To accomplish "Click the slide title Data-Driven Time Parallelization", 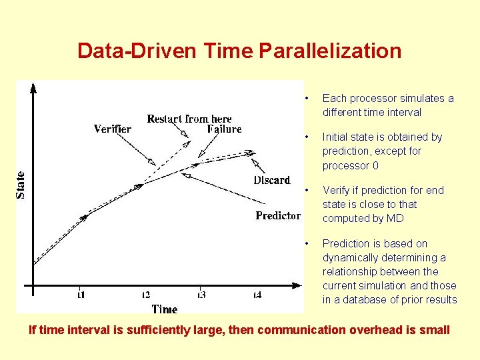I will [x=239, y=51].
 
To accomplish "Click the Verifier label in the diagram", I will [x=112, y=129].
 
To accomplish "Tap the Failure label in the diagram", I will [x=224, y=129].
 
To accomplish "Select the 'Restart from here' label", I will [x=189, y=119].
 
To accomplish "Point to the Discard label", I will [x=272, y=180].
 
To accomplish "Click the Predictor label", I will [x=277, y=215].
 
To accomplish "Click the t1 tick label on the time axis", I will [x=81, y=295].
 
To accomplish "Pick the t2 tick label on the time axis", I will [x=145, y=295].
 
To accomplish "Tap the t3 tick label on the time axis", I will [x=201, y=295].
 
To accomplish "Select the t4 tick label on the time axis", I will [x=257, y=295].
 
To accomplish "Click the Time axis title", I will [x=164, y=309].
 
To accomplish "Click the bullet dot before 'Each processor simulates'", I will [x=305, y=99].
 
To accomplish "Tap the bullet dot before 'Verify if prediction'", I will [x=305, y=191].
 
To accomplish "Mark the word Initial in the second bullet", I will [x=336, y=137].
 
